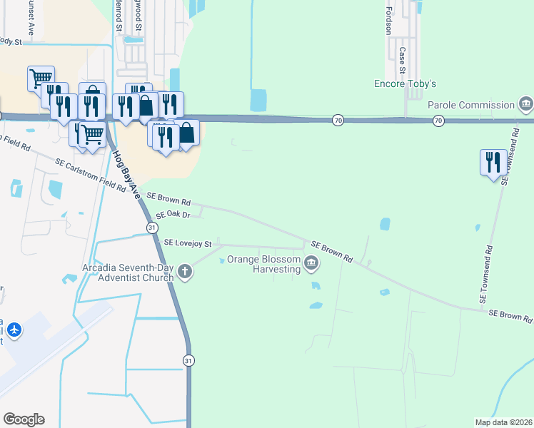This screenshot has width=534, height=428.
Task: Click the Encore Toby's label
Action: pyautogui.click(x=405, y=83)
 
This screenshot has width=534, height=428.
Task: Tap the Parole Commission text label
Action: pyautogui.click(x=471, y=105)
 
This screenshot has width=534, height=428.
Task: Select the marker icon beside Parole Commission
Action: pyautogui.click(x=526, y=105)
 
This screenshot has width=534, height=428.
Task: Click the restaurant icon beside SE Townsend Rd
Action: pyautogui.click(x=493, y=163)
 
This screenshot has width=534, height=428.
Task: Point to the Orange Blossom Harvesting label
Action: pyautogui.click(x=263, y=264)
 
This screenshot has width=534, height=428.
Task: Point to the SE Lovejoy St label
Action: pyautogui.click(x=188, y=243)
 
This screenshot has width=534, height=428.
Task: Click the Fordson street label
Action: pyautogui.click(x=389, y=21)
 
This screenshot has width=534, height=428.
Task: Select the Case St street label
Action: pyautogui.click(x=403, y=60)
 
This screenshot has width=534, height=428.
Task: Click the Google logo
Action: pyautogui.click(x=24, y=419)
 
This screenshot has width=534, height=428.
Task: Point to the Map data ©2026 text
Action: pyautogui.click(x=503, y=422)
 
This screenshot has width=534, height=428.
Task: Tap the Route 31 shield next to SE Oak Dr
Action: pyautogui.click(x=152, y=227)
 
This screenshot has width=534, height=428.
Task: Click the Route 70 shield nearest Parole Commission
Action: pyautogui.click(x=438, y=121)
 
